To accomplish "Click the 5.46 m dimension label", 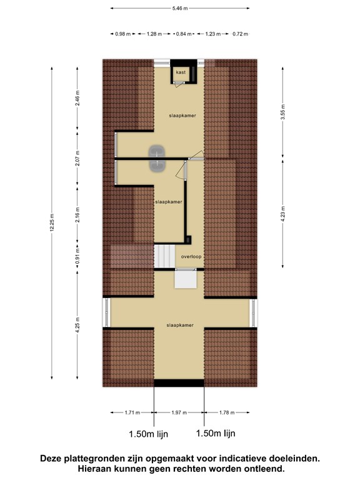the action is coord(180,8).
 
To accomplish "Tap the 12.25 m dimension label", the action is coord(52,222).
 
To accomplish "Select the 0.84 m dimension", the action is coord(184,34).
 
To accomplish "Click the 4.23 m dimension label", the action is coord(282,213).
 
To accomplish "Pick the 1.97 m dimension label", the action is coord(179,412).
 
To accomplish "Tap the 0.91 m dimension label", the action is coord(77,256).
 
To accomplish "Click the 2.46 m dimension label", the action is coord(77,98).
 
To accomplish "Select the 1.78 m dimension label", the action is coord(227,412).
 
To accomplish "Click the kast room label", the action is coord(181,72).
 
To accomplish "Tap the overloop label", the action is coord(191,256).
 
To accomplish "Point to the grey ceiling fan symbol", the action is coord(157,158).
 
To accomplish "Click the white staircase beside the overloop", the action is coord(164,256).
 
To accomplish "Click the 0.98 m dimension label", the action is coord(122,34).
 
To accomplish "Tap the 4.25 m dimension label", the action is coord(77,325).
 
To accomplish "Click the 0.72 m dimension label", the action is coord(240,34).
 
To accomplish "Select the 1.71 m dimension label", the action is coord(132,412).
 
